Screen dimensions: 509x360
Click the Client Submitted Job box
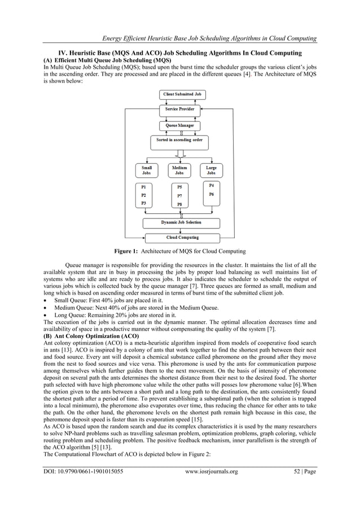click(179, 94)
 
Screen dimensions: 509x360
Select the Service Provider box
click(179, 109)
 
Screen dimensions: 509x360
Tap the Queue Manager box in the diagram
click(179, 125)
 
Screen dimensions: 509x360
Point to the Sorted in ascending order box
click(179, 140)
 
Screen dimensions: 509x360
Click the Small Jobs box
click(146, 170)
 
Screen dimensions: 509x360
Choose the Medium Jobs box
click(179, 170)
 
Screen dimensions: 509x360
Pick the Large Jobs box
click(211, 170)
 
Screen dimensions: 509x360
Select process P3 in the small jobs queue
click(144, 203)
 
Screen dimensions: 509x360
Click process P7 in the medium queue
click(179, 195)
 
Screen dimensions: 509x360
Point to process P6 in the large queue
click(211, 194)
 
